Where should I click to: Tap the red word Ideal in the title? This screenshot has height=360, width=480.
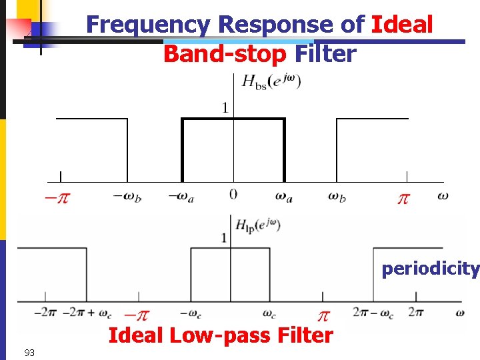click(x=402, y=25)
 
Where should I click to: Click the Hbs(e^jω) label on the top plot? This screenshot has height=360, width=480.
click(x=271, y=82)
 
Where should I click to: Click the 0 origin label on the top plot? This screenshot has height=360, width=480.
click(x=233, y=195)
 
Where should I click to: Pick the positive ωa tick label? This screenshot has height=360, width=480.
click(x=284, y=197)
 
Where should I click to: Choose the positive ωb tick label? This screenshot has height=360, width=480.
click(x=337, y=197)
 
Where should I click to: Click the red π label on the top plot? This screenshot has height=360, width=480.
click(x=403, y=199)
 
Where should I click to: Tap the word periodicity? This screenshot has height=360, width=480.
click(x=430, y=269)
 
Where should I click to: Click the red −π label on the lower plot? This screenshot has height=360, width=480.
click(x=137, y=315)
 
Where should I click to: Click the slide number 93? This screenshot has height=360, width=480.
click(x=29, y=352)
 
